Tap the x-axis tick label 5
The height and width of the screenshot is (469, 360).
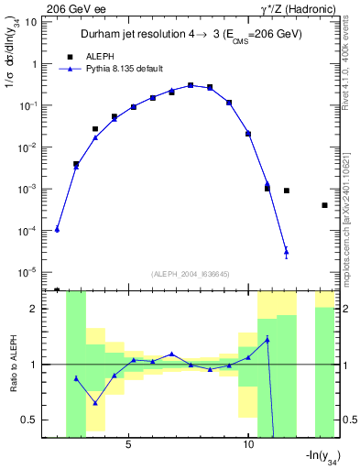click(128, 444)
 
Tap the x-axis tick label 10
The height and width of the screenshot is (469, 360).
click(248, 444)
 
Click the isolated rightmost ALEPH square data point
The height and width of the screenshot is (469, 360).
click(324, 205)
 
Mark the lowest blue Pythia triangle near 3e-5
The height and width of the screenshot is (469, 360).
click(287, 251)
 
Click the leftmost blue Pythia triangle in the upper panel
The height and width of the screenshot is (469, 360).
click(57, 229)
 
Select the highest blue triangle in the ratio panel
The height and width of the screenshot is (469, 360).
click(267, 339)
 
